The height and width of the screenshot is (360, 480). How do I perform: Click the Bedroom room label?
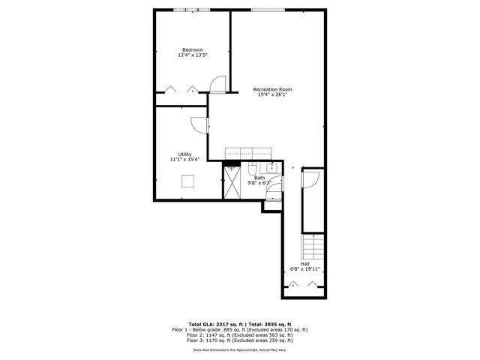[193, 49]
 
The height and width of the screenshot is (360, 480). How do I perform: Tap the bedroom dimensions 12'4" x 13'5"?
[193, 55]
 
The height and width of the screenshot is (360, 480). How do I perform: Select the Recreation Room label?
[271, 89]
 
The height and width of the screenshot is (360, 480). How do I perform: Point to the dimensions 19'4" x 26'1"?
[271, 95]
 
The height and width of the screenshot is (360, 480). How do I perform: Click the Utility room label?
[184, 154]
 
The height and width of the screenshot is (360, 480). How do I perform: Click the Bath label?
[259, 178]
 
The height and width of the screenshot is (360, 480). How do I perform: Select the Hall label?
[305, 263]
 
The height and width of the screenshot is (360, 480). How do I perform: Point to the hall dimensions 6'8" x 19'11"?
[305, 269]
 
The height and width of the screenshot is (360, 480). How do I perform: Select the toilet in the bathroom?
[253, 167]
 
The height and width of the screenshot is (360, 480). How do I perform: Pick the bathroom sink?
[272, 166]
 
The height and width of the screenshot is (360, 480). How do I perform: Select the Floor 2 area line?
[240, 335]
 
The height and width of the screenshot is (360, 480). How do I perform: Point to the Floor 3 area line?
[240, 341]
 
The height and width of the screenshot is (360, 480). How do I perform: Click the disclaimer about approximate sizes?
[240, 349]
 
